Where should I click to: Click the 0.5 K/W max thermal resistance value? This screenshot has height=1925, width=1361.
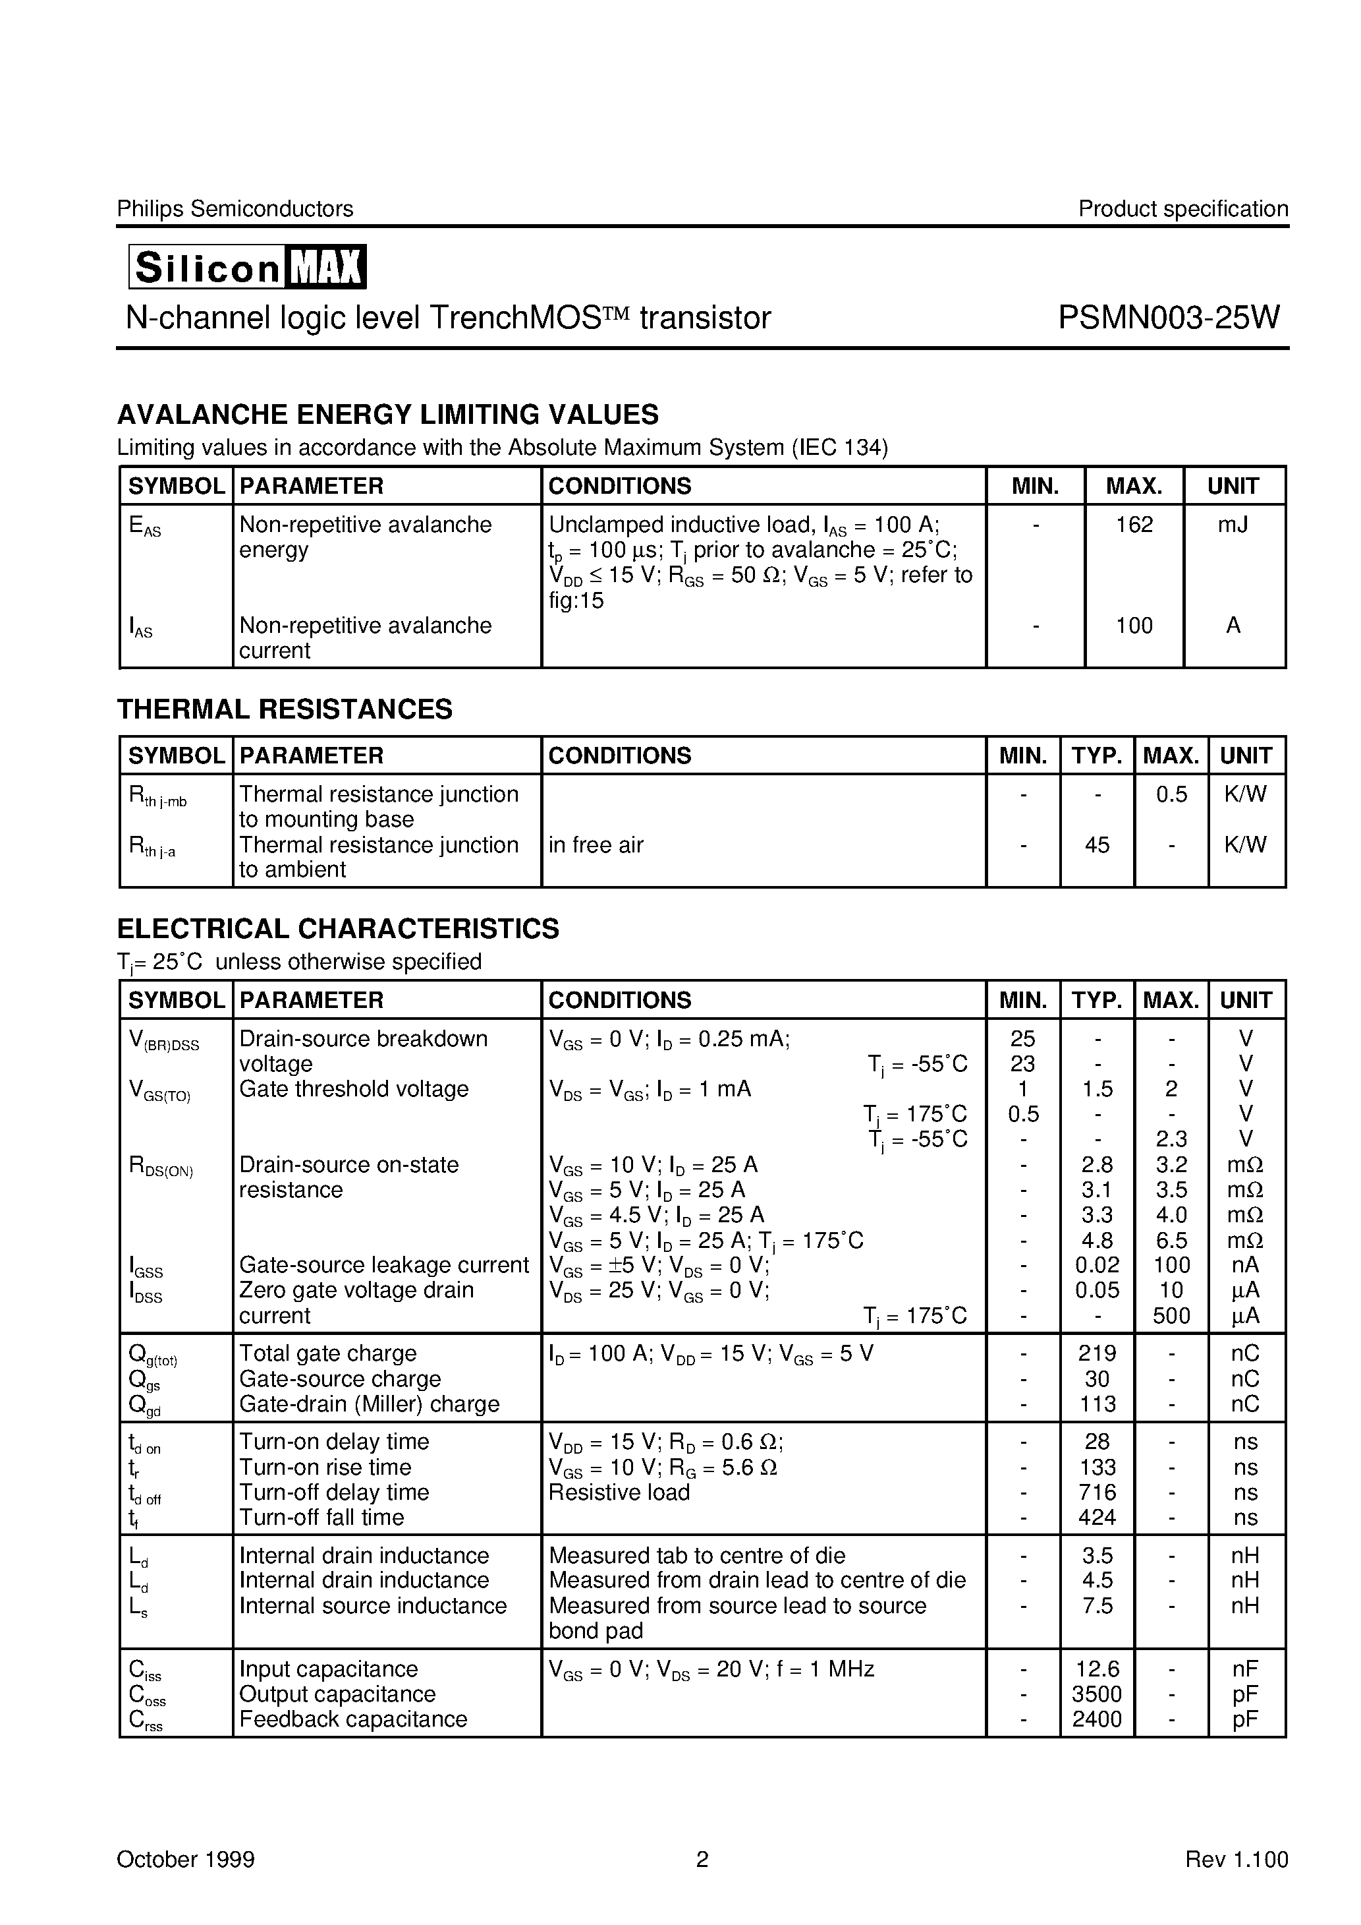[x=1171, y=794]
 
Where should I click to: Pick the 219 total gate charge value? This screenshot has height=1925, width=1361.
[x=1096, y=1353]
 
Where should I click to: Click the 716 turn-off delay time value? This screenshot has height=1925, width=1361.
[x=1096, y=1493]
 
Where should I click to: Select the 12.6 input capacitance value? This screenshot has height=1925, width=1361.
[x=1096, y=1669]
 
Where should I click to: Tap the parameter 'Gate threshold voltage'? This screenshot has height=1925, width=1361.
[x=354, y=1089]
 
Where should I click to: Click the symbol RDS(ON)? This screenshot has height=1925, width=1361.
[x=161, y=1166]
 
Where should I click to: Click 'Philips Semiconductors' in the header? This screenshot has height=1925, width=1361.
[x=235, y=209]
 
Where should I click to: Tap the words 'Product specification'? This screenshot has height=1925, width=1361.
[x=1182, y=209]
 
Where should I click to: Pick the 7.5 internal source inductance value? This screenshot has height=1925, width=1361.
[x=1096, y=1605]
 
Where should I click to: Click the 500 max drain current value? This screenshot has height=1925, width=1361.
[x=1171, y=1315]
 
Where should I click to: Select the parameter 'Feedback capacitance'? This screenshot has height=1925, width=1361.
[x=353, y=1719]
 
